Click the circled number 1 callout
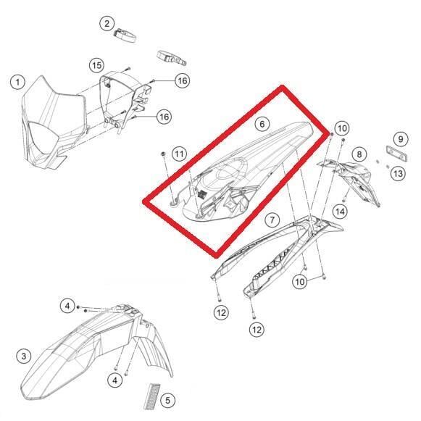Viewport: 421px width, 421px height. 16,82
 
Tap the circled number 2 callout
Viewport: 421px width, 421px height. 107,24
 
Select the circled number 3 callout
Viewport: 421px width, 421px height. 24,356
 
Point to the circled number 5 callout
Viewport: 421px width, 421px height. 167,399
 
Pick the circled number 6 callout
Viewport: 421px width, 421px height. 262,125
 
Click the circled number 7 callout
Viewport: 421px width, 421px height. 271,219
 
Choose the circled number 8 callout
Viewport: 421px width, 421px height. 357,154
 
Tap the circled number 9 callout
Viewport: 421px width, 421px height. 399,138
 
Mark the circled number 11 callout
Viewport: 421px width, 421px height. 180,153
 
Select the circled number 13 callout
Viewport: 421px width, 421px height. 398,174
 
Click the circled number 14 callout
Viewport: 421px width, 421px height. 339,211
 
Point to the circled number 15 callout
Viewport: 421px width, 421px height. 96,66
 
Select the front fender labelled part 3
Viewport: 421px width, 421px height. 80,355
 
